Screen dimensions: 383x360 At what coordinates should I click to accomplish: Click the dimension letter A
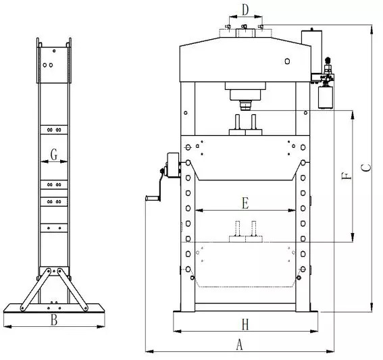coord(240,345)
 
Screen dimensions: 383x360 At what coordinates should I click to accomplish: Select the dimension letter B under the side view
coord(54,319)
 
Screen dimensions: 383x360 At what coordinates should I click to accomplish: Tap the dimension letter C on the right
coord(366,168)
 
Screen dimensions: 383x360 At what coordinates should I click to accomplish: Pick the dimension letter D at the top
coord(245,10)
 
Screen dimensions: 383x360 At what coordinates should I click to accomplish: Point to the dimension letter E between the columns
coord(245,203)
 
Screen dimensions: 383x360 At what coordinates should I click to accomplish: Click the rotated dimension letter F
coord(347,176)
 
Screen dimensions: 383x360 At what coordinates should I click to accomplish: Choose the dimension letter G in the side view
coord(54,155)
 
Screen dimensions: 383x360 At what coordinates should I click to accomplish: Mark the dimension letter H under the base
coord(245,325)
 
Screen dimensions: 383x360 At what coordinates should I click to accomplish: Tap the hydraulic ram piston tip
coord(245,107)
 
